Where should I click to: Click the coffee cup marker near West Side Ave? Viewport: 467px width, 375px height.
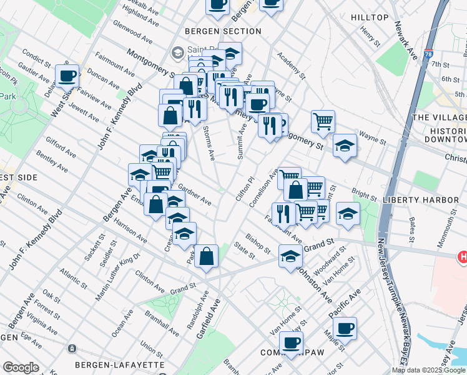pyautogui.click(x=67, y=76)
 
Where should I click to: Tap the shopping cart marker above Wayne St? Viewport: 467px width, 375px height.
pyautogui.click(x=323, y=122)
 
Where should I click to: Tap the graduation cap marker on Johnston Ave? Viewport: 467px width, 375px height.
pyautogui.click(x=290, y=256)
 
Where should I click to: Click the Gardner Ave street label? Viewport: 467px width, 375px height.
pyautogui.click(x=195, y=194)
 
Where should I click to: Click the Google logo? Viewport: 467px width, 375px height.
pyautogui.click(x=21, y=367)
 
